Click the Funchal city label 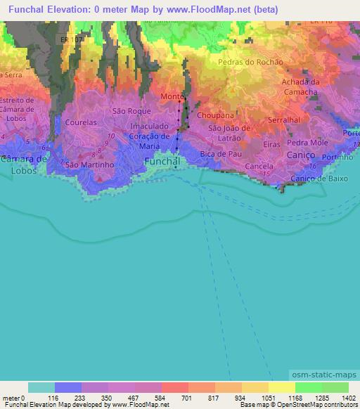tap(162, 162)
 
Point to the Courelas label tap(80, 122)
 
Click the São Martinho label tap(89, 164)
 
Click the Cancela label tap(259, 167)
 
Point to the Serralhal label tap(284, 121)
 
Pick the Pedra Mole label tap(312, 143)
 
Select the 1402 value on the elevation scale tap(349, 397)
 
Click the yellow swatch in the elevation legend tap(281, 387)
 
